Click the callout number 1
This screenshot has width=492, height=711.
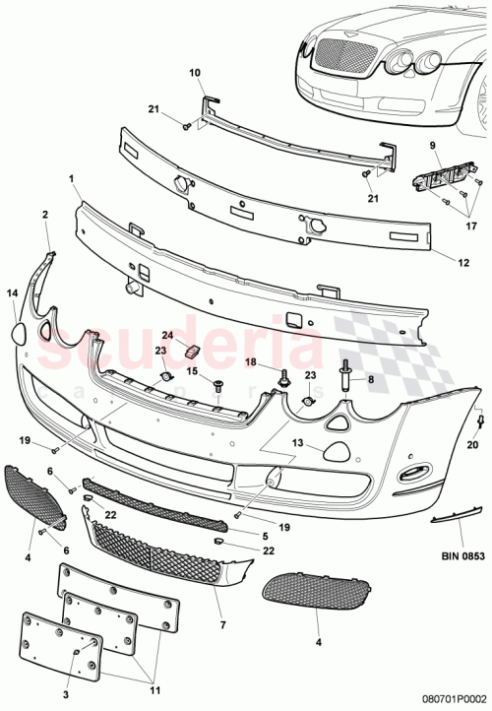pyautogui.click(x=72, y=179)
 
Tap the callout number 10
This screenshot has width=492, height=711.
pyautogui.click(x=193, y=72)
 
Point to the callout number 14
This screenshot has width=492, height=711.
pyautogui.click(x=13, y=293)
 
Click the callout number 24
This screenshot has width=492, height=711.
pyautogui.click(x=168, y=335)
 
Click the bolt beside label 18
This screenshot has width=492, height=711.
pyautogui.click(x=284, y=375)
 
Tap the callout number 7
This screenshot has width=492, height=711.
pyautogui.click(x=221, y=623)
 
